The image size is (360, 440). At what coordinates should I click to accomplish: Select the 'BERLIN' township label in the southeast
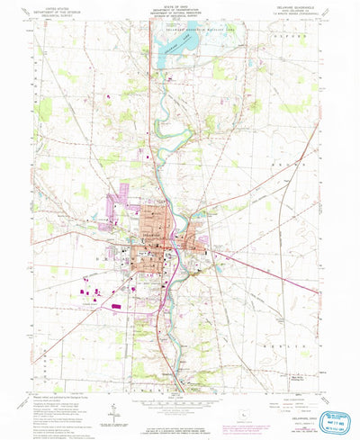297,345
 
